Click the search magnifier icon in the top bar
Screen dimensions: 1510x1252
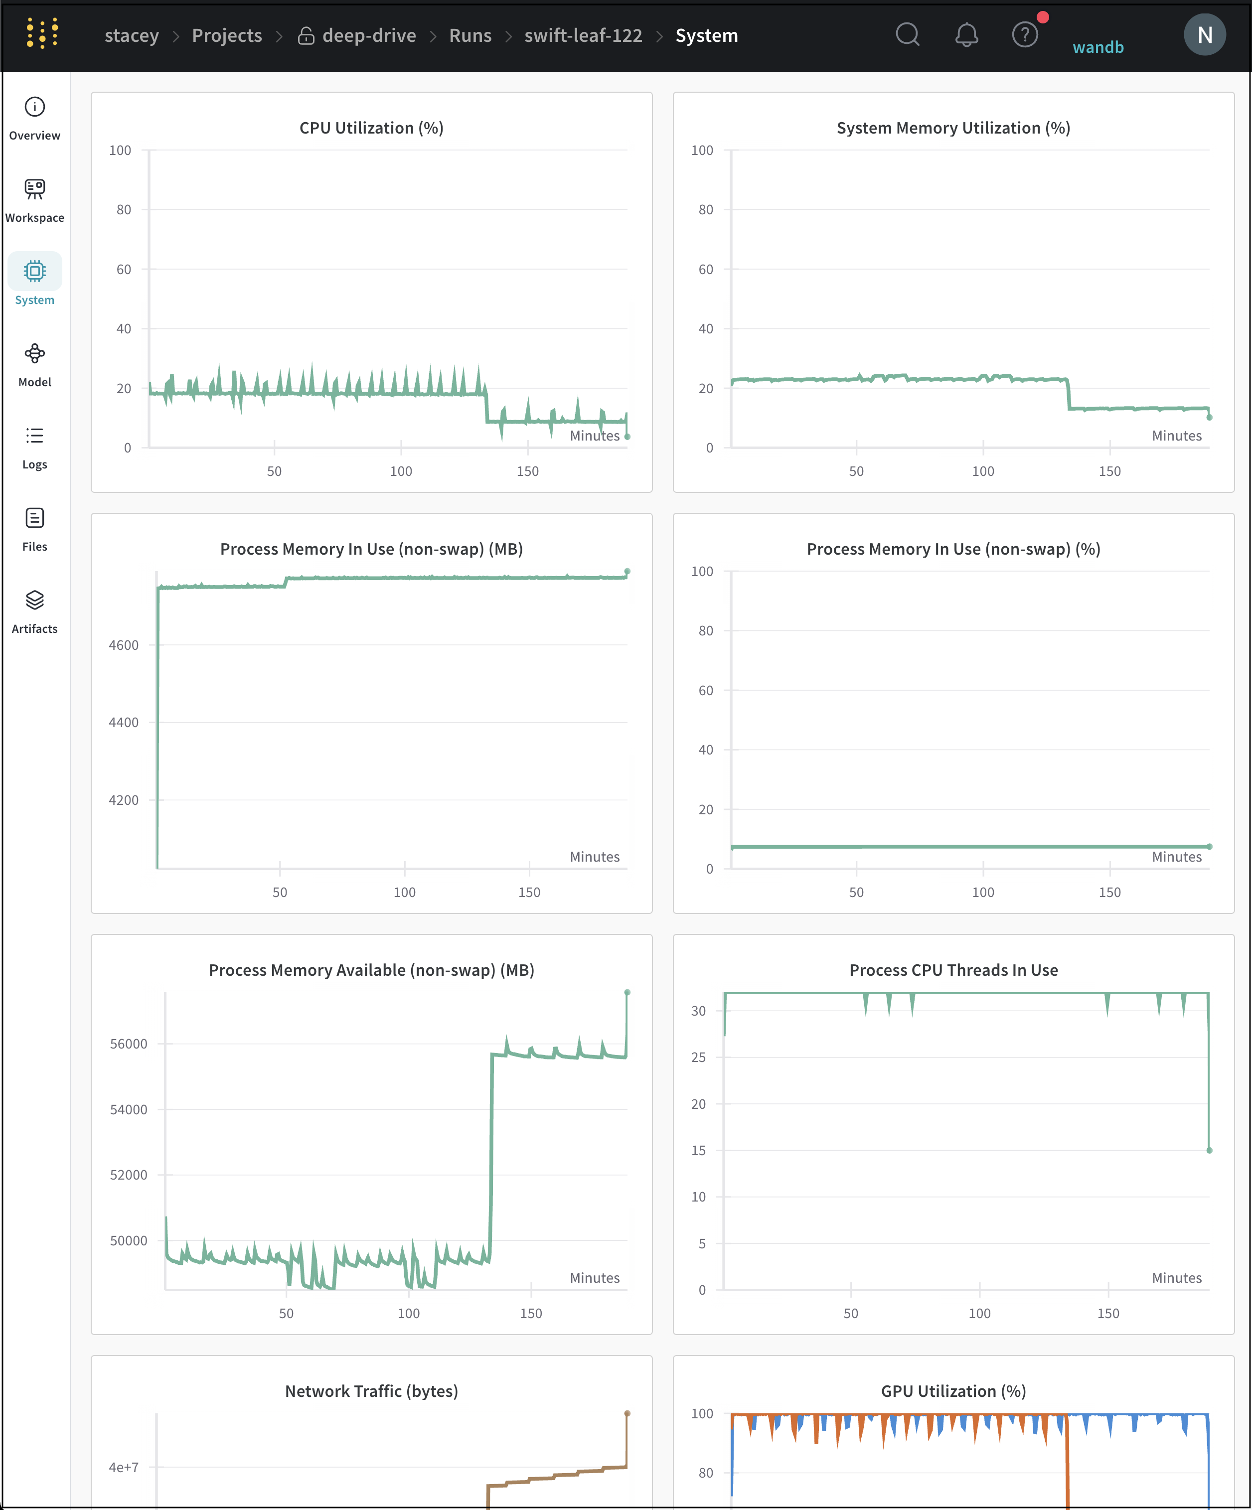tap(908, 34)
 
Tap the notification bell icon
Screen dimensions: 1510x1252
tap(966, 34)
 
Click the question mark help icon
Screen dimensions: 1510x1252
tap(1025, 34)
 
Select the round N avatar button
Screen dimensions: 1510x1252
tap(1205, 34)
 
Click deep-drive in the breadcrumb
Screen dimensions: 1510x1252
tap(369, 35)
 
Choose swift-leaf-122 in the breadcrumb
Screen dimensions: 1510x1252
tap(583, 35)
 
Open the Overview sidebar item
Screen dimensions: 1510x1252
tap(34, 119)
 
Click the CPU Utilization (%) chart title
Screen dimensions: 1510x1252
tap(371, 128)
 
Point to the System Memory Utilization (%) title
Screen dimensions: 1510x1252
tap(953, 128)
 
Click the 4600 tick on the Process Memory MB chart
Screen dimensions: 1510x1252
tap(124, 645)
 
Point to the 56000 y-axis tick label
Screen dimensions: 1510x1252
tap(128, 1044)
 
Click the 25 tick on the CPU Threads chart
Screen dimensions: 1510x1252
tap(698, 1057)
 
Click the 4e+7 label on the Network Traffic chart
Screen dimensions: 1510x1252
tap(124, 1467)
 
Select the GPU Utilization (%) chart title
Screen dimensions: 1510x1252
tap(953, 1391)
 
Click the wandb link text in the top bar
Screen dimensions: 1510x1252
tap(1097, 47)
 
